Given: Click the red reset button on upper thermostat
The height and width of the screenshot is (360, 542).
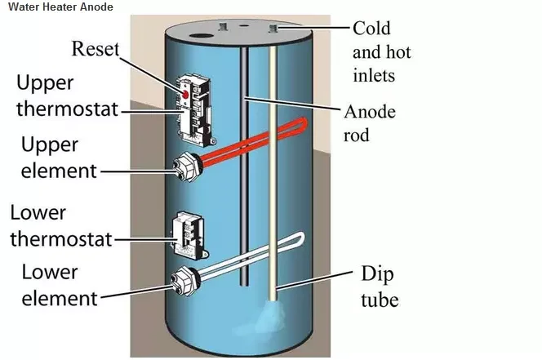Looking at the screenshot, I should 186,96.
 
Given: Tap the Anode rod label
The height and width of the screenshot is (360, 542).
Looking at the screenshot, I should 370,122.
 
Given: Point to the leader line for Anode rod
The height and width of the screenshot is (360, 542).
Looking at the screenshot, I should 294,105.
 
